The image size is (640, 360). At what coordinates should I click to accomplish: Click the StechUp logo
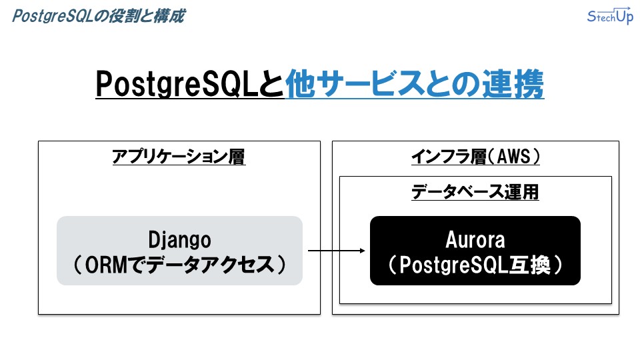[x=610, y=16]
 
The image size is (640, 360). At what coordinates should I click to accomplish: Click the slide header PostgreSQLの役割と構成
[x=99, y=16]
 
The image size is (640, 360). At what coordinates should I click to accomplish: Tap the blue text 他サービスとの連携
[x=414, y=84]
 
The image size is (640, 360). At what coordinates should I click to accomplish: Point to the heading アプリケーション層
[x=179, y=156]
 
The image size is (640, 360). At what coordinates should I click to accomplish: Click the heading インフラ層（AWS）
[x=475, y=156]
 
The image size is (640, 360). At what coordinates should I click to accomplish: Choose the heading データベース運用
[x=475, y=192]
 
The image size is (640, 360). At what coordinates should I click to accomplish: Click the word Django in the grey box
[x=179, y=239]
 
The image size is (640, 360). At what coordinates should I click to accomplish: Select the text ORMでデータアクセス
[x=179, y=265]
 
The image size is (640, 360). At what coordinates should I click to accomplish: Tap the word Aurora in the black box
[x=475, y=239]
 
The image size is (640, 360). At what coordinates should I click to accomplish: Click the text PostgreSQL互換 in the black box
[x=475, y=265]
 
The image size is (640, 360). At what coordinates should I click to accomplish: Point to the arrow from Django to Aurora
[x=336, y=251]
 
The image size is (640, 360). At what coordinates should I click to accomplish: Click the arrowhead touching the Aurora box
[x=363, y=251]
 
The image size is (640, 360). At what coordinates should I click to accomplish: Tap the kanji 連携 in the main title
[x=513, y=84]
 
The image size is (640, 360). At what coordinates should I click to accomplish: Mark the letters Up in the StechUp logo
[x=625, y=16]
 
